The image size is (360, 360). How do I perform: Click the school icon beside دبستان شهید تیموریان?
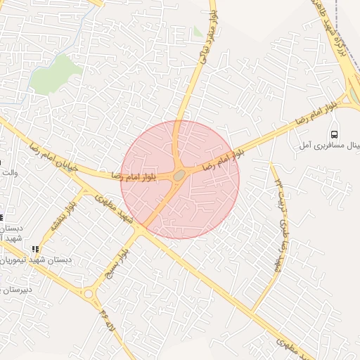click(35, 249)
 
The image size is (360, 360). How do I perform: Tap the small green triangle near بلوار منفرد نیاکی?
click(198, 32)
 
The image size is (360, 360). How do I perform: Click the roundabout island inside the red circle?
click(179, 174)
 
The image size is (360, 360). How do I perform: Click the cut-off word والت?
click(8, 172)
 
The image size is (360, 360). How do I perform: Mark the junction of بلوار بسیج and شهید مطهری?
click(141, 229)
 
